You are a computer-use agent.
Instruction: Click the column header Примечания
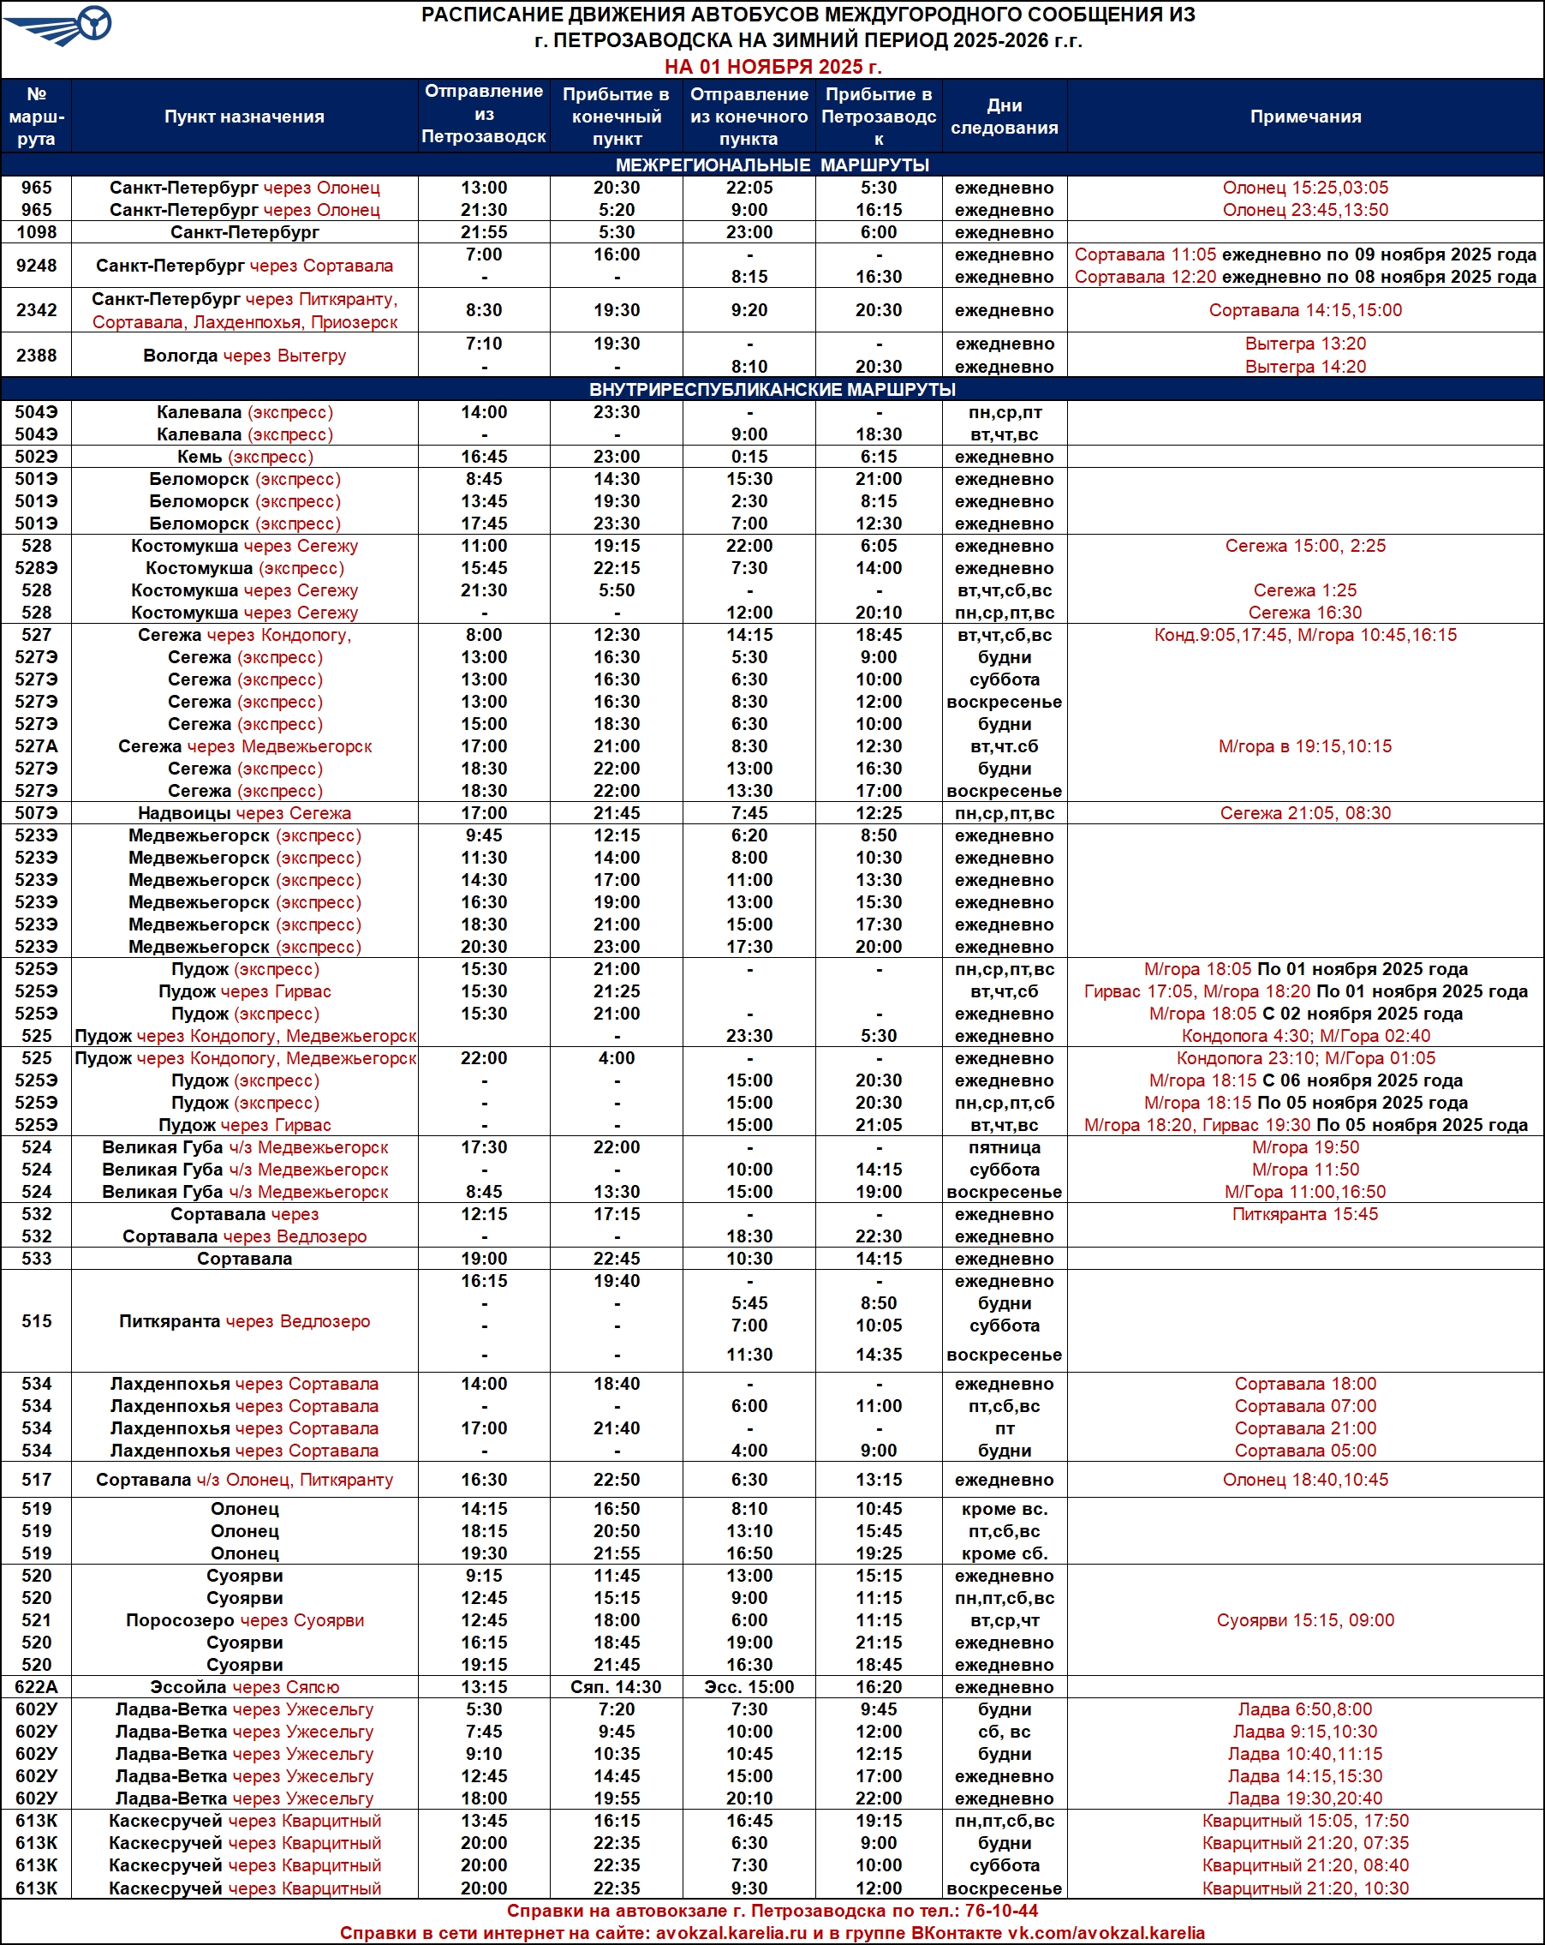(x=1305, y=117)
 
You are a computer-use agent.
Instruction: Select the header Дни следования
(x=1004, y=117)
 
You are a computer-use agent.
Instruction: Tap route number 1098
(x=36, y=232)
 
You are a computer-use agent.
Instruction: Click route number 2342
(x=36, y=310)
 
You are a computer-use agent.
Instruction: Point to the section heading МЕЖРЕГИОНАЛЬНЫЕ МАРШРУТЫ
(x=772, y=165)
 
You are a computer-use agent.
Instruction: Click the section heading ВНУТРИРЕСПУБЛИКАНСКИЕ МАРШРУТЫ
(x=772, y=390)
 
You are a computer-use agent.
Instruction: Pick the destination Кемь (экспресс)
(x=244, y=457)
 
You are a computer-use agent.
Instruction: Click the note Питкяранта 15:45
(x=1305, y=1214)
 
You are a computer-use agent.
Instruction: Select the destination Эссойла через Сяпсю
(x=244, y=1687)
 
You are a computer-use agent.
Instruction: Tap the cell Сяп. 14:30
(x=616, y=1687)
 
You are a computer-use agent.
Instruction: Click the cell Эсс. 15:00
(x=749, y=1687)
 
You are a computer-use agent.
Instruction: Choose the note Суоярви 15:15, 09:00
(x=1305, y=1620)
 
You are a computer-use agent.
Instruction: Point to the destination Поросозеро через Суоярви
(x=244, y=1620)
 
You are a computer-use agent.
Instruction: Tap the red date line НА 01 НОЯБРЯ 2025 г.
(x=772, y=67)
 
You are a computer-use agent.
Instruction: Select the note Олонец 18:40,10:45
(x=1305, y=1480)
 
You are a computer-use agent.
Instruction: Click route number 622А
(x=36, y=1687)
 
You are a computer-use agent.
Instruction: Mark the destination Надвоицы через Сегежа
(x=244, y=813)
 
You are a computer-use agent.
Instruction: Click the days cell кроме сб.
(x=1004, y=1553)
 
